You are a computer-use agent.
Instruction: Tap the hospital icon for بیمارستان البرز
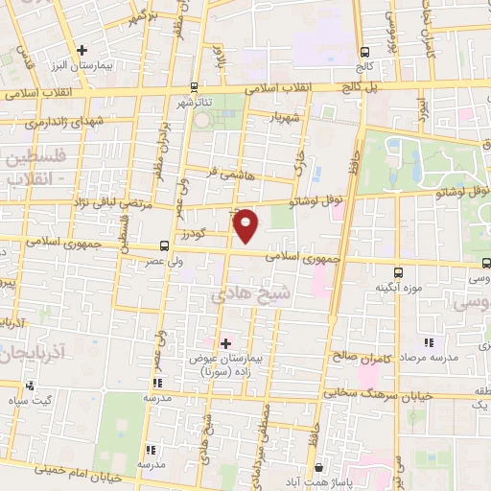coord(82,50)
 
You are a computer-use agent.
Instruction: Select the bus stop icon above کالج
coord(363,53)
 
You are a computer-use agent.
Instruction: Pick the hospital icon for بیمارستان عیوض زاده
coord(225,342)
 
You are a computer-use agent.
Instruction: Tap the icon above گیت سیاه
coord(32,386)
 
